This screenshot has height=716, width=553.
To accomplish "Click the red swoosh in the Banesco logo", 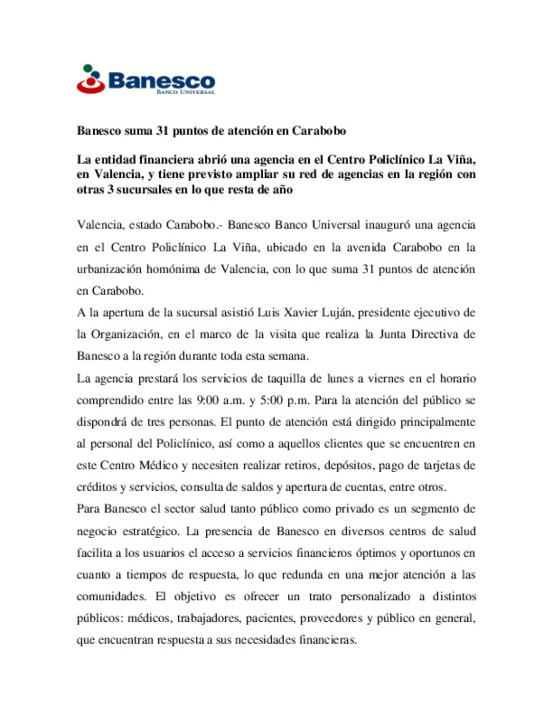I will click(x=91, y=88).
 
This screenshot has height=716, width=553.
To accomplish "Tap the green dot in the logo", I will click(x=88, y=68).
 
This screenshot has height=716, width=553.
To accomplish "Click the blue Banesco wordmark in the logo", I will click(x=161, y=80).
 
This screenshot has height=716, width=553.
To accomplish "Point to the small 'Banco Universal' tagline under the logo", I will click(x=185, y=92).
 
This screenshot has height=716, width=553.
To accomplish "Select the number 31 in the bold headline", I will click(x=162, y=131).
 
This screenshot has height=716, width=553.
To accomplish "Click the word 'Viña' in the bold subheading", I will click(x=460, y=160).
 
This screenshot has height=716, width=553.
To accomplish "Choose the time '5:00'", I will click(x=271, y=400).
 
